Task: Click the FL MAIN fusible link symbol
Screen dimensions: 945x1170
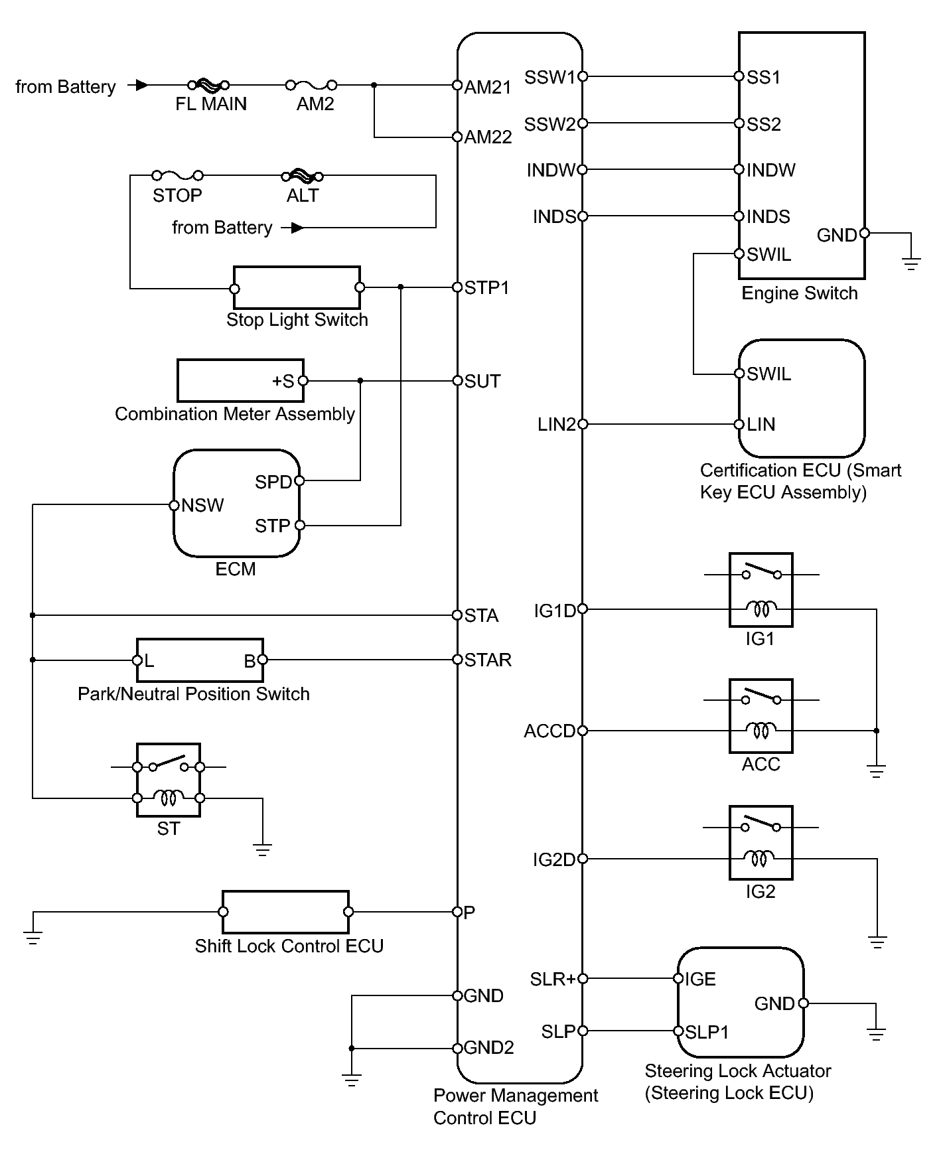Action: pyautogui.click(x=208, y=85)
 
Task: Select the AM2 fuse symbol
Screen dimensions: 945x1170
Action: pyautogui.click(x=311, y=85)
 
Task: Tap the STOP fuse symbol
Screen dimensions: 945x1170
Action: pyautogui.click(x=177, y=176)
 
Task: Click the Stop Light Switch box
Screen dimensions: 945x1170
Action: pyautogui.click(x=297, y=288)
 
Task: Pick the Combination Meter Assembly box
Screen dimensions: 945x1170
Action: pyautogui.click(x=240, y=381)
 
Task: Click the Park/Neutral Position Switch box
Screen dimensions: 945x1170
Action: pyautogui.click(x=200, y=660)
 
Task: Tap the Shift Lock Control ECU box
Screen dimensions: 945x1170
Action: pyautogui.click(x=285, y=912)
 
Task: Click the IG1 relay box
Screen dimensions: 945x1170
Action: pyautogui.click(x=761, y=590)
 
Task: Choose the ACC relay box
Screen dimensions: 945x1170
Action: pyautogui.click(x=761, y=715)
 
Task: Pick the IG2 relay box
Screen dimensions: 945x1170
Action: pyautogui.click(x=761, y=842)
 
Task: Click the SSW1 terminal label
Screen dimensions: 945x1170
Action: pyautogui.click(x=550, y=78)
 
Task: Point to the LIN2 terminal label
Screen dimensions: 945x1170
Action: pyautogui.click(x=557, y=425)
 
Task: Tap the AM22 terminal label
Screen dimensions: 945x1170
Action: pyautogui.click(x=488, y=137)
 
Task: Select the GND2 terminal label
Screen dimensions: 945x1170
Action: pyautogui.click(x=489, y=1048)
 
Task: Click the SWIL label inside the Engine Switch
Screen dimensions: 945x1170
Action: pyautogui.click(x=769, y=255)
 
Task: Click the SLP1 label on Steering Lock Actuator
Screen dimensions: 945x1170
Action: pyautogui.click(x=707, y=1032)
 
